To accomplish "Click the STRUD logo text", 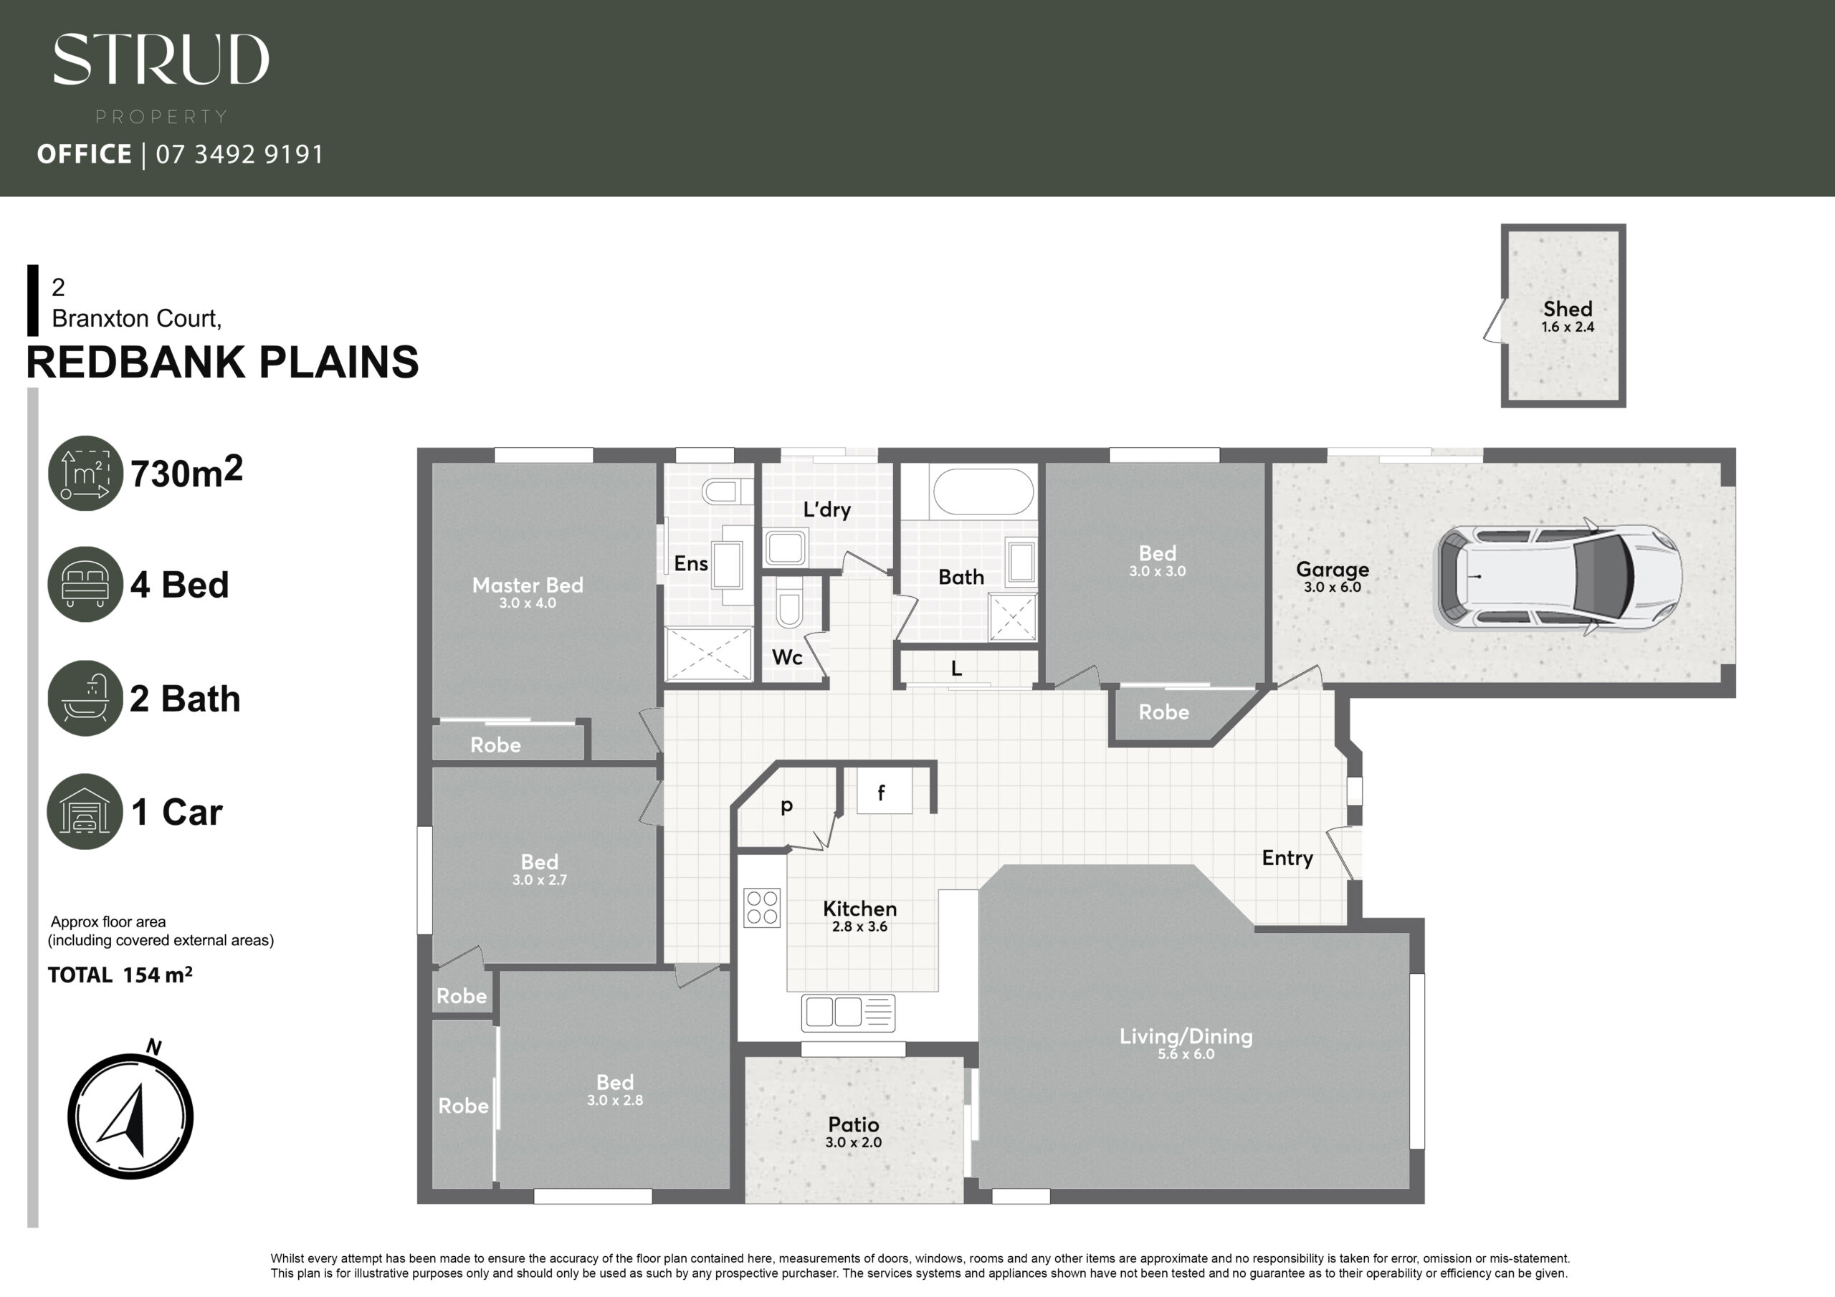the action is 161,59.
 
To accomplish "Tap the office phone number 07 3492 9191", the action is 239,154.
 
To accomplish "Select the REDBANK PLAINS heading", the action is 222,362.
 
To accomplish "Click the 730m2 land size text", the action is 186,472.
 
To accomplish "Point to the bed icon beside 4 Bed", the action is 85,583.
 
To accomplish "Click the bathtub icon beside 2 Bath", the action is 85,698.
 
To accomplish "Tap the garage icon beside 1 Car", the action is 85,811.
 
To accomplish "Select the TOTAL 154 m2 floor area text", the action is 120,975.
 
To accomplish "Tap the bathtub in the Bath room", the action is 984,491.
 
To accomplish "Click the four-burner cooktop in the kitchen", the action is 762,908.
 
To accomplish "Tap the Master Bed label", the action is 528,585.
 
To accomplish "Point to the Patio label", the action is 854,1124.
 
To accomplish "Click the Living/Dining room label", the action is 1186,1036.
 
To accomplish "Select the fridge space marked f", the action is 884,791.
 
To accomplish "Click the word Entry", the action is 1287,858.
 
